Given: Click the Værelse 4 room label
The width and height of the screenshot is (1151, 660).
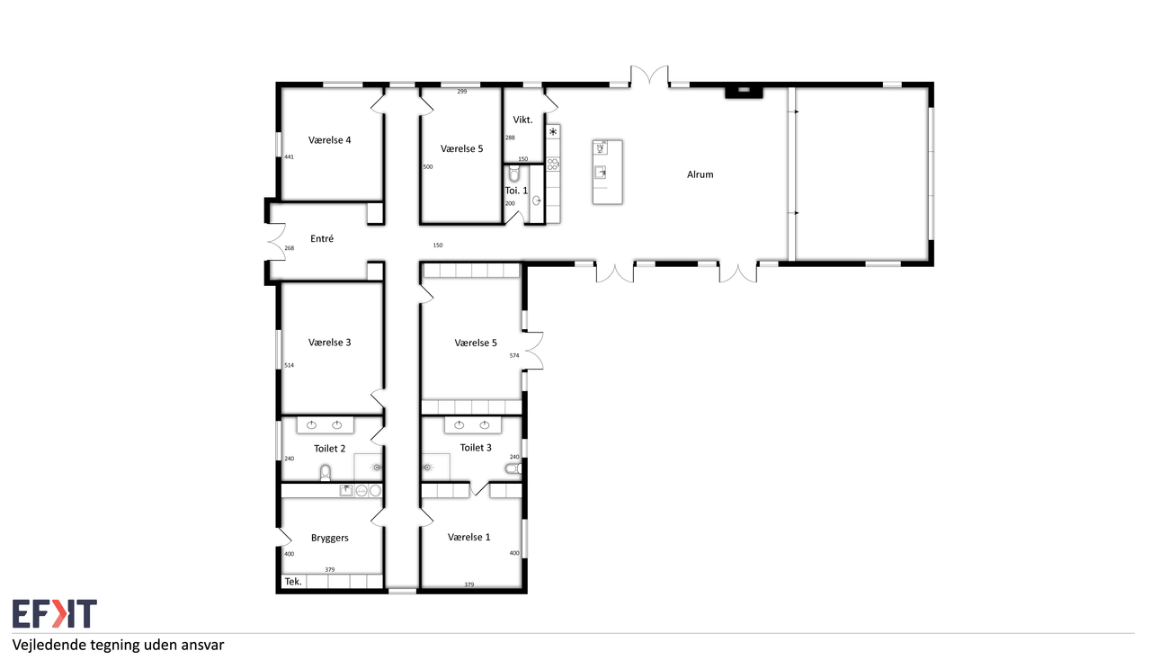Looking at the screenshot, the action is click(x=329, y=139).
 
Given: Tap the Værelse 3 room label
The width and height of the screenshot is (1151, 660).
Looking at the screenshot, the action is click(x=329, y=343).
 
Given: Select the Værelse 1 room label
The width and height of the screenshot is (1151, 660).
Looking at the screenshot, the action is click(x=468, y=537).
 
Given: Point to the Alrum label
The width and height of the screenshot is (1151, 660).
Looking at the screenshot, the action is click(x=700, y=174).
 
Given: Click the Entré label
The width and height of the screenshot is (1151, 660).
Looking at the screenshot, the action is click(x=322, y=238).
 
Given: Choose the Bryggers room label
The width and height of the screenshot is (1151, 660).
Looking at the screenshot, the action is click(x=329, y=539).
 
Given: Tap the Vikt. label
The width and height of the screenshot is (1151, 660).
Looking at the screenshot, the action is click(x=522, y=120).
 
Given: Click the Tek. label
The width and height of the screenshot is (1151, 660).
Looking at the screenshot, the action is click(x=293, y=582).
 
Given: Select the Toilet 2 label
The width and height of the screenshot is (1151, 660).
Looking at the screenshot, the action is click(x=329, y=449).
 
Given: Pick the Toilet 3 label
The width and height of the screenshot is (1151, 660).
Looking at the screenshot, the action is click(x=476, y=448).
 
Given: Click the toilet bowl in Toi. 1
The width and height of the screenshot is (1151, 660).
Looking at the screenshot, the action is click(x=513, y=174).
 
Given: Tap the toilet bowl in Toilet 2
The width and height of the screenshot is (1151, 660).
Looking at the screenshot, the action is click(x=326, y=472).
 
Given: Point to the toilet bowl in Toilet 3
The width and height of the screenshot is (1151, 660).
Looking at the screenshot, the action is click(x=513, y=468).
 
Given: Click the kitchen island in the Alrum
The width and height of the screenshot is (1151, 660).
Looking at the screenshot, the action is click(x=607, y=173).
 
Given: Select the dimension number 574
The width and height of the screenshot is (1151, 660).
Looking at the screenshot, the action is click(x=514, y=356).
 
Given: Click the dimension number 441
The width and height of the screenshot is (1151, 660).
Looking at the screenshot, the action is click(x=290, y=157).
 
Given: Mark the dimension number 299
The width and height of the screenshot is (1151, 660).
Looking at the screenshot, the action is click(x=462, y=92).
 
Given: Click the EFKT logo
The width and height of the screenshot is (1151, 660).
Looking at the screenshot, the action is click(x=55, y=614).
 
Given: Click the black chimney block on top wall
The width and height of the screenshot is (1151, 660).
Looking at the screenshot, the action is click(x=744, y=92).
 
